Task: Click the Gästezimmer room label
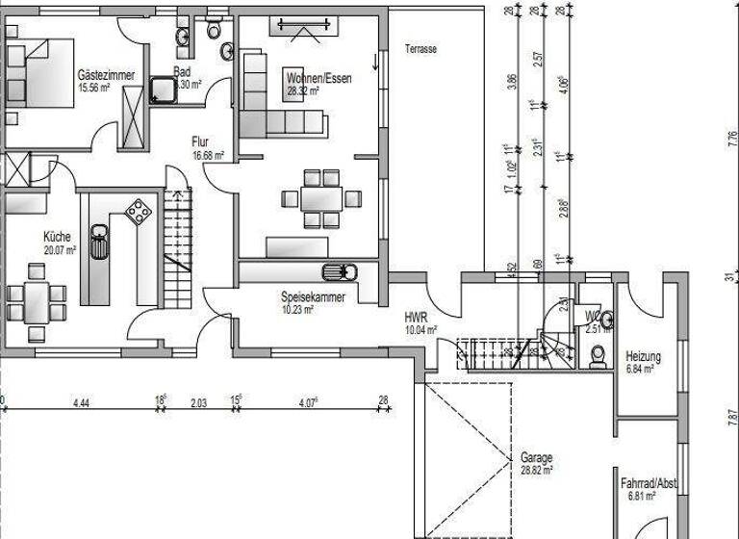[106, 75]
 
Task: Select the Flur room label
[200, 141]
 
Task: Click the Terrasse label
[420, 48]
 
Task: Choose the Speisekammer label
[313, 297]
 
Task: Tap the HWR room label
[416, 315]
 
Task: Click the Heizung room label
[643, 355]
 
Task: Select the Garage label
[536, 458]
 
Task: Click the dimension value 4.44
[80, 403]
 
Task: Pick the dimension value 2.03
[198, 403]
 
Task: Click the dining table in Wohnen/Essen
[313, 199]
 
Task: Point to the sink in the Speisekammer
[340, 271]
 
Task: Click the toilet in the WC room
[599, 355]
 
